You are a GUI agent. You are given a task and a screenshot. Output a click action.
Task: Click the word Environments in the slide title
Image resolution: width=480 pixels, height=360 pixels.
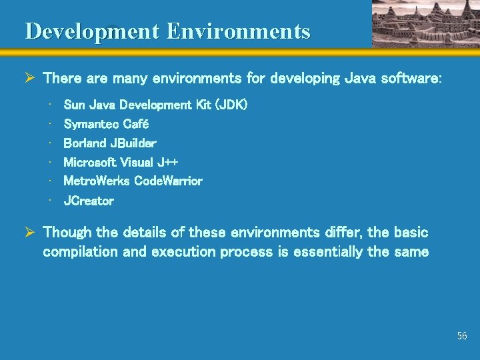(x=239, y=31)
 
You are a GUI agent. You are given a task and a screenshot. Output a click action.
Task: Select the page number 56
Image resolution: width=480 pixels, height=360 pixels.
(x=462, y=336)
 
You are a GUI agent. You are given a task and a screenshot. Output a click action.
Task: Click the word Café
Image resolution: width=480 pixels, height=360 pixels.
(x=136, y=125)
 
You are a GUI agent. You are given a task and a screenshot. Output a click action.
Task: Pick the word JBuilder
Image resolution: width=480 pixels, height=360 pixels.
(x=133, y=143)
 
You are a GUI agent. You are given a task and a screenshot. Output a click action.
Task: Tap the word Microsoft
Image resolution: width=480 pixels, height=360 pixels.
(x=90, y=162)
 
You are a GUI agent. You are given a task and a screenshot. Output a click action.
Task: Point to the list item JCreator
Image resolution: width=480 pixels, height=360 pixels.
(x=89, y=201)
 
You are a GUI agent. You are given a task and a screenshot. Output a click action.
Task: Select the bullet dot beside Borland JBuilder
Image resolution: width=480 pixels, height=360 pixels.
(x=51, y=143)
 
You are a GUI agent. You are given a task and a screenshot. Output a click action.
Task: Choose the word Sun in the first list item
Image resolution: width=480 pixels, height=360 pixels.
(x=73, y=105)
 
